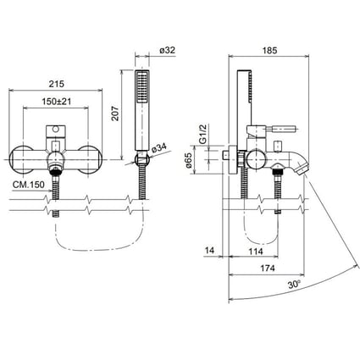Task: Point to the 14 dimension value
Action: point(211,251)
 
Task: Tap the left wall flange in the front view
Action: point(23,158)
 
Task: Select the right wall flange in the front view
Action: point(91,158)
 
